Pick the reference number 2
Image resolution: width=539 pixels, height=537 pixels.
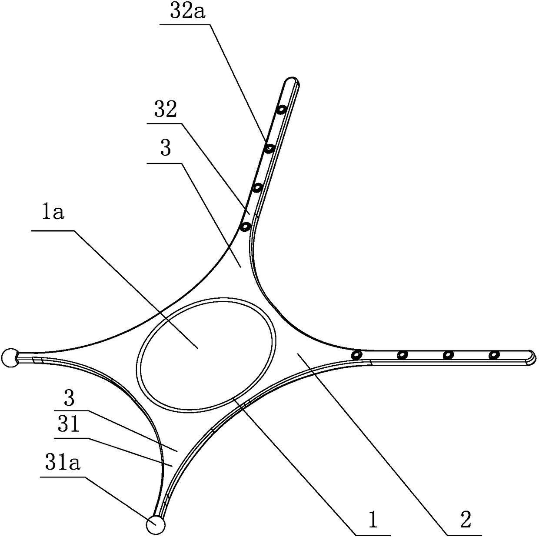(x=465, y=520)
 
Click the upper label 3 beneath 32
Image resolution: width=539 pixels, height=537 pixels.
(x=165, y=149)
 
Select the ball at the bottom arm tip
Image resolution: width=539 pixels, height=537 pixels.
(x=156, y=524)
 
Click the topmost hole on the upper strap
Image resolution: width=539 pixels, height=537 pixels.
(x=282, y=110)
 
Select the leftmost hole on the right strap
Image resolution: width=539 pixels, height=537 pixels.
(x=358, y=355)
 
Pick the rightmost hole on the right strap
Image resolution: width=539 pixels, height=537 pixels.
(x=493, y=355)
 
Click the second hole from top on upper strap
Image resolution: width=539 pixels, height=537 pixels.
(x=269, y=149)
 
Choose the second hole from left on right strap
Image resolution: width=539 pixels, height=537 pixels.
(x=403, y=355)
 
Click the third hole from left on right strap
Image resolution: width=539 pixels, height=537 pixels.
(x=448, y=355)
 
